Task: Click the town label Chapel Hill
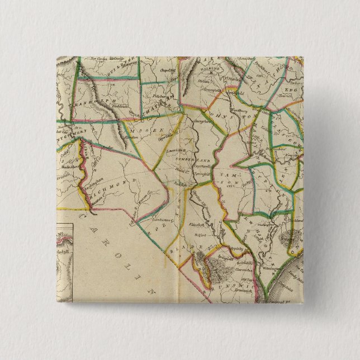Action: tap(165, 71)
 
